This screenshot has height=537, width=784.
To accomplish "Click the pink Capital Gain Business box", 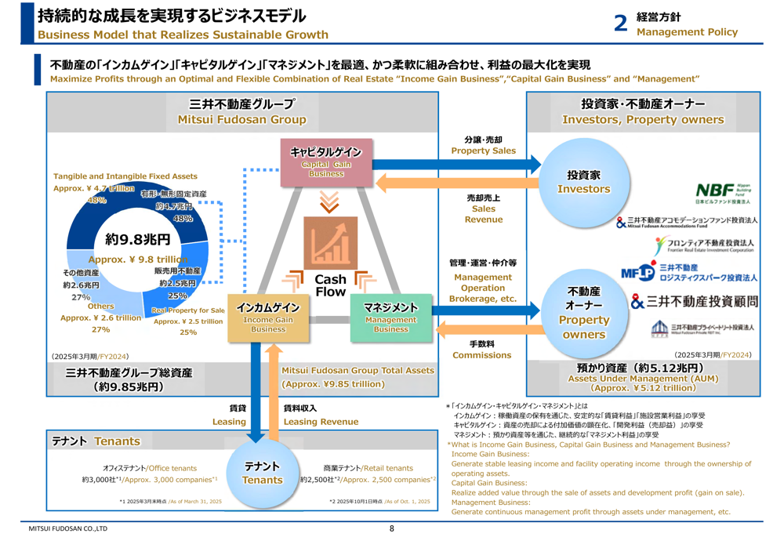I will pos(325,163).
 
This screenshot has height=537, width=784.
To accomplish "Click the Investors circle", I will pos(583,182).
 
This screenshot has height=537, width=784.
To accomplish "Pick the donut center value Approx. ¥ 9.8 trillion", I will pos(138,259).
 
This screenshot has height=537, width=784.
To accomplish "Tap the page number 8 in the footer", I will pos(392,528).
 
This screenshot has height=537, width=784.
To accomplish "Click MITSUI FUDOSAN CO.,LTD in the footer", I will pos(68,528).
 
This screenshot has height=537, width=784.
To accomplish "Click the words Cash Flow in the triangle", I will pos(330,285).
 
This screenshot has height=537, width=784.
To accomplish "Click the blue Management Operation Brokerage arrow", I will pos(486,303).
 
